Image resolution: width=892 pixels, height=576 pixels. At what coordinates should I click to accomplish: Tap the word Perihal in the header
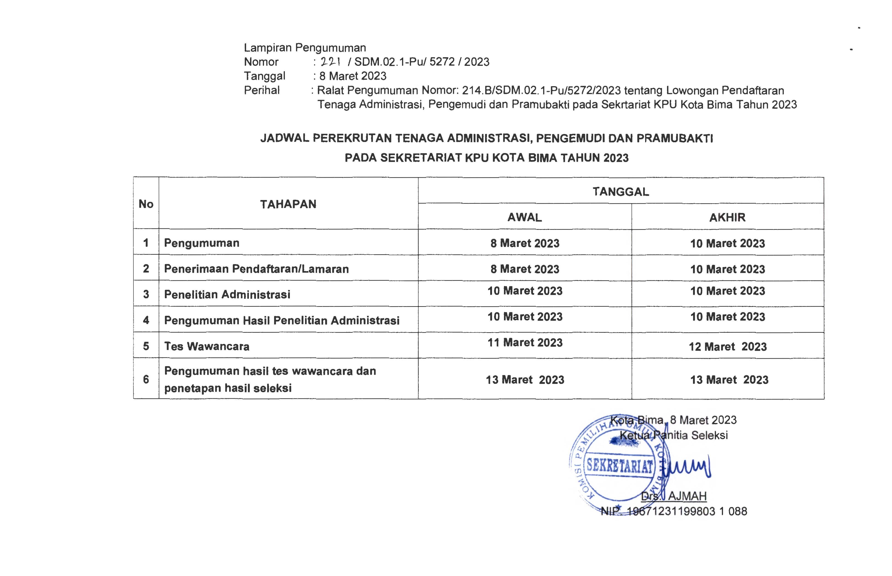(x=262, y=90)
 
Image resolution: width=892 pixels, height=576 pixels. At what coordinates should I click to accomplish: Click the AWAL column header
(x=524, y=217)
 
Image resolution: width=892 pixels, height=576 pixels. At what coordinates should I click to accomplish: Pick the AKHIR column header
(x=727, y=217)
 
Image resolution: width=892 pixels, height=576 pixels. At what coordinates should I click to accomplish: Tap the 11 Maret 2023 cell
(x=525, y=342)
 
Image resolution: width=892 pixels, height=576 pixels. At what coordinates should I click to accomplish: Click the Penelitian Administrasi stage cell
(x=227, y=294)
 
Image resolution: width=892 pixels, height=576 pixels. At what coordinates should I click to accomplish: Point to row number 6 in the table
(x=146, y=379)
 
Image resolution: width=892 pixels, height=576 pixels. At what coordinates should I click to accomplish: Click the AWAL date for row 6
(x=525, y=380)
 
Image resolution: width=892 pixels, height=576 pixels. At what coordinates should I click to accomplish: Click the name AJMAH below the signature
(x=687, y=496)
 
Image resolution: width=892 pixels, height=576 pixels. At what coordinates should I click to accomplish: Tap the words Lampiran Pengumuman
(x=305, y=48)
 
